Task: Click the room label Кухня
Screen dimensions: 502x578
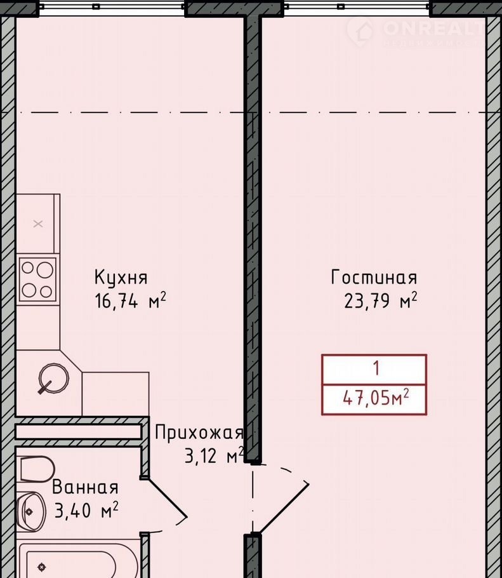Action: click(121, 277)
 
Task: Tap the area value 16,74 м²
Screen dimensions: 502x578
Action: click(130, 300)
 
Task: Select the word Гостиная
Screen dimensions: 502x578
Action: click(374, 277)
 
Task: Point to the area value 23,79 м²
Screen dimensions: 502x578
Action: click(380, 300)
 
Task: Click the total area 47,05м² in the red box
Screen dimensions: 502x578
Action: click(376, 398)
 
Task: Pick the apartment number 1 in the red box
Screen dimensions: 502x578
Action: click(376, 368)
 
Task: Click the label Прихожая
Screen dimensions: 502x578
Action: click(199, 433)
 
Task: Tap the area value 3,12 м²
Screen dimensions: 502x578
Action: click(214, 455)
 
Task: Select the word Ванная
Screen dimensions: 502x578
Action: click(85, 487)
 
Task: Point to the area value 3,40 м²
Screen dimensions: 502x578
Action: click(86, 510)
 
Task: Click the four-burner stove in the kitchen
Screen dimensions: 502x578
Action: click(37, 279)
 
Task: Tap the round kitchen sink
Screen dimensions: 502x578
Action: click(54, 378)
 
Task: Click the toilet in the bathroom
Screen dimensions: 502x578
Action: click(36, 469)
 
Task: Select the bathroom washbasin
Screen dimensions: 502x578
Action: click(31, 511)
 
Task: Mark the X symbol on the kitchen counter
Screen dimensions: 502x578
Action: click(38, 224)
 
